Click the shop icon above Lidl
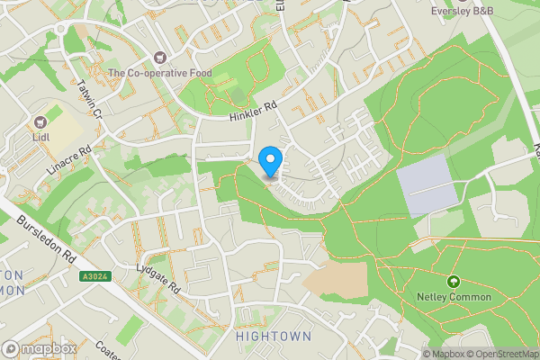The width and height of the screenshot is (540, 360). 40,121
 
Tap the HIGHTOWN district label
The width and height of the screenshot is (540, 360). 274,336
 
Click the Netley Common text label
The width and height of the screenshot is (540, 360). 454,297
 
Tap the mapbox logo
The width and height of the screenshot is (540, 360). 40,348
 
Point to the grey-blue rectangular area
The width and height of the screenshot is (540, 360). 427,184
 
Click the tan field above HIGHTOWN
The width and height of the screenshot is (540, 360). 337,280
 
